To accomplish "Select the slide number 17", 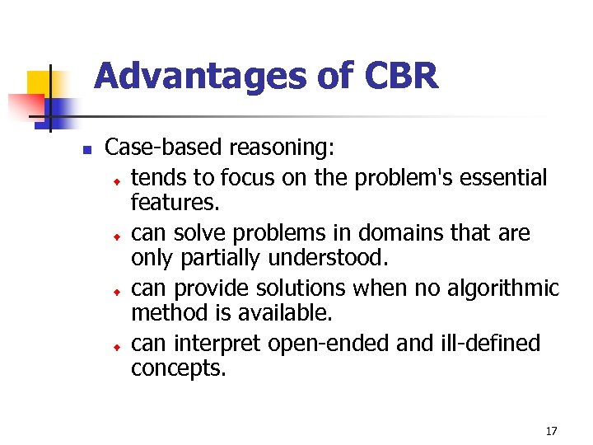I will [x=551, y=431].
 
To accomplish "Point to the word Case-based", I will [x=165, y=148].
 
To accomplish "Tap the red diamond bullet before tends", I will [x=117, y=180].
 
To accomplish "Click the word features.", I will [x=172, y=202].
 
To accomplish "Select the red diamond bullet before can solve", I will [x=117, y=237].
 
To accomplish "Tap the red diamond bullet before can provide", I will [x=117, y=292].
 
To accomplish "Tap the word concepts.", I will [x=178, y=369].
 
